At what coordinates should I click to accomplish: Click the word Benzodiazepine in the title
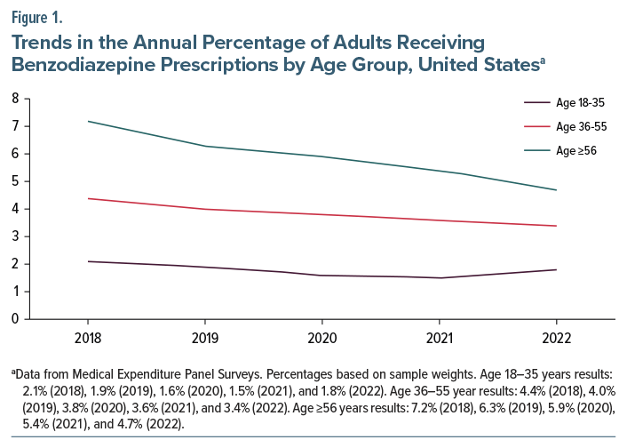79,64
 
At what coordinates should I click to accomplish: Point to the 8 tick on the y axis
15,99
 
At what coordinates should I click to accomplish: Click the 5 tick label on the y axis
15,181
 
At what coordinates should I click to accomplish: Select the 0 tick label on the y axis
15,319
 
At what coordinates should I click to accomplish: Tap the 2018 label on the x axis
87,339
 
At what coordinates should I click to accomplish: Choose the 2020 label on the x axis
321,339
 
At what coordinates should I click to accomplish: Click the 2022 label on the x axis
556,339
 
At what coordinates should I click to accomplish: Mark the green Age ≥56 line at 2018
87,121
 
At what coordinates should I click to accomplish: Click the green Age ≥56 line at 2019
204,146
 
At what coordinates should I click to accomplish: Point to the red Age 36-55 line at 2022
556,226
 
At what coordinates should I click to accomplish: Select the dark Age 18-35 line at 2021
439,278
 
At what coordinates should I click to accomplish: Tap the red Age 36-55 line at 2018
87,198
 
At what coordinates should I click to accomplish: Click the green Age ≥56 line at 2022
556,190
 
